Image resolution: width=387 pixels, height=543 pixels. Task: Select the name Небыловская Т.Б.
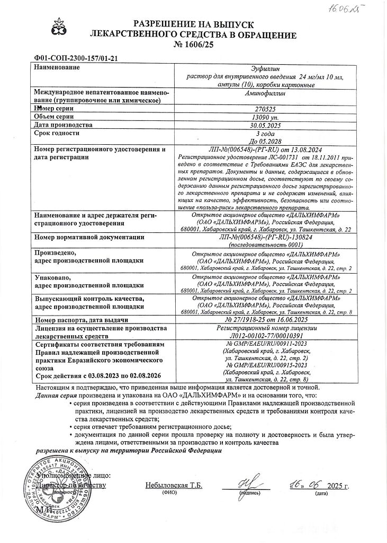point(174,485)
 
